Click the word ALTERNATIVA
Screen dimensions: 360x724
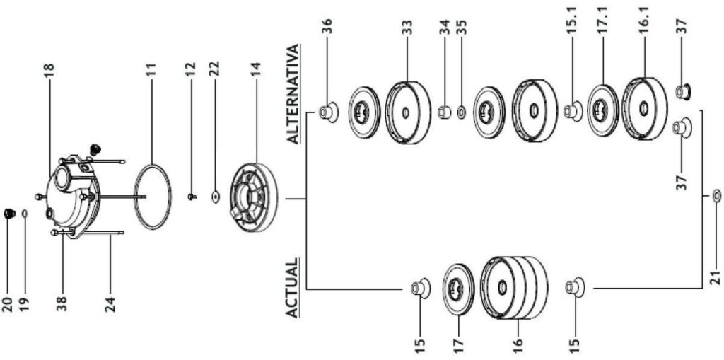tap(294, 95)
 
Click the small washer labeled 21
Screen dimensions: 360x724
tap(716, 194)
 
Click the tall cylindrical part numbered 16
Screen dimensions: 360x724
tap(514, 286)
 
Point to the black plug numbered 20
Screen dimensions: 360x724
tap(8, 213)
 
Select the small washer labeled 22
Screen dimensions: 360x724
tap(214, 196)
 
